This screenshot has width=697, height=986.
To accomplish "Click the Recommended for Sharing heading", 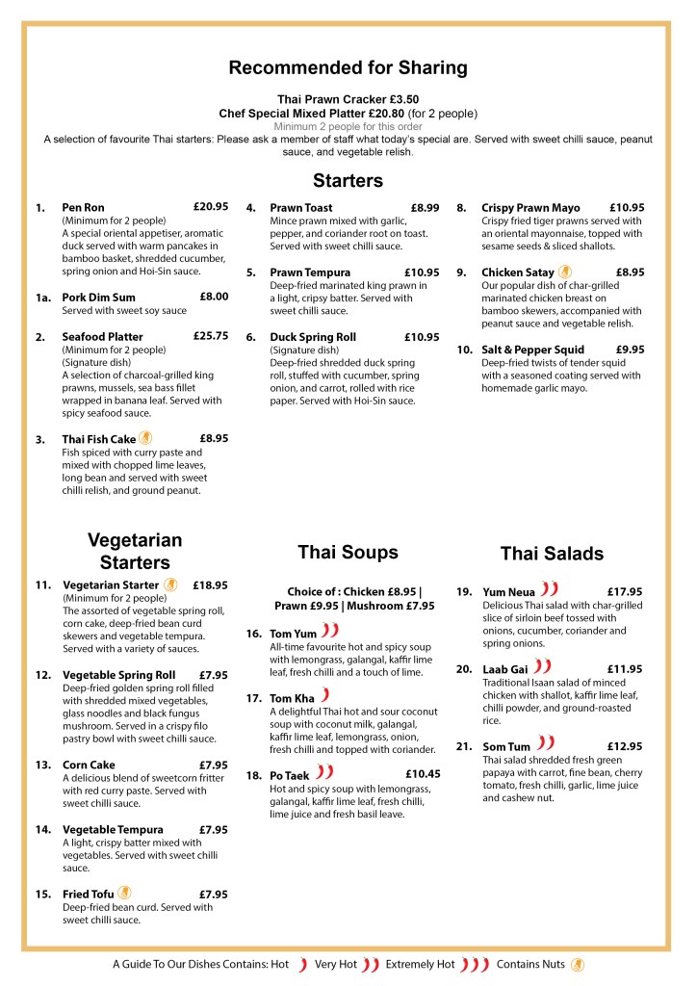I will pyautogui.click(x=348, y=67).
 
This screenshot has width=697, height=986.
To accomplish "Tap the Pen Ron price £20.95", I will pyautogui.click(x=210, y=207).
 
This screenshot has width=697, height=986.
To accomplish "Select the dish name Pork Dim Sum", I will pyautogui.click(x=98, y=298).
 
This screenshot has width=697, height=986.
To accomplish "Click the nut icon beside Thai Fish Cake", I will pyautogui.click(x=145, y=438).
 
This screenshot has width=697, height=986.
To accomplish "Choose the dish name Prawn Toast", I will pyautogui.click(x=301, y=208).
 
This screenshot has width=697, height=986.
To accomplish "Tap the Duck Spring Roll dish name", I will pyautogui.click(x=313, y=337).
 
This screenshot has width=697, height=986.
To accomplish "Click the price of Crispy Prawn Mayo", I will pyautogui.click(x=627, y=207).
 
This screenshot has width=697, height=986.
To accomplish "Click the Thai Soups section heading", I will pyautogui.click(x=348, y=552).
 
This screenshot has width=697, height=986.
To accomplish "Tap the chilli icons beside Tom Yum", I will pyautogui.click(x=330, y=632).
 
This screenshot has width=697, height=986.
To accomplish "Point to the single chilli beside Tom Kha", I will pyautogui.click(x=325, y=695).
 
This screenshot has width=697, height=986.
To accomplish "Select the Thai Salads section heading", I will pyautogui.click(x=552, y=554).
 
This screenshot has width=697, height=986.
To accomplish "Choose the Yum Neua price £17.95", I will pyautogui.click(x=625, y=591).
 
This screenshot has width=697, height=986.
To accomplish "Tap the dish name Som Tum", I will pyautogui.click(x=506, y=746).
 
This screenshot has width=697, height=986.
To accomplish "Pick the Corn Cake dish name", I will pyautogui.click(x=89, y=765).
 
